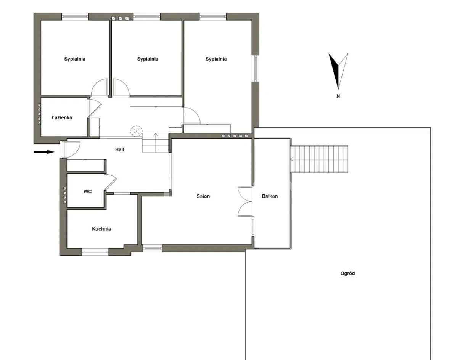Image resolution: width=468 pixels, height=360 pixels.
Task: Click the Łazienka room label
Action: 62,117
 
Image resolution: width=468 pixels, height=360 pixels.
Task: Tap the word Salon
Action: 203,196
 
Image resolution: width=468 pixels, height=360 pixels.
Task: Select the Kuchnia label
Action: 101,229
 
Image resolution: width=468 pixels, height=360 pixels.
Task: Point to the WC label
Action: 87,191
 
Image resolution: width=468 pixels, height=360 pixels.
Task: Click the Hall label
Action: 119,149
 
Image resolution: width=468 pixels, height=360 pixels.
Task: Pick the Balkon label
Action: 270,196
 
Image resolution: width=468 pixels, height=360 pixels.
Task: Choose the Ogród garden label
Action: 347,273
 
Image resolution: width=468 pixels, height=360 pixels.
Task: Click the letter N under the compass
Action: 338,96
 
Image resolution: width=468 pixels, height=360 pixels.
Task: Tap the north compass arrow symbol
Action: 338,71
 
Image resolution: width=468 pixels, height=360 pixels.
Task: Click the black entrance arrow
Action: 44,152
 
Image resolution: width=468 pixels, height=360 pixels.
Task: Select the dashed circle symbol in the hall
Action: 136,131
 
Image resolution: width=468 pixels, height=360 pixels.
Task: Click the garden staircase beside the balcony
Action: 319,159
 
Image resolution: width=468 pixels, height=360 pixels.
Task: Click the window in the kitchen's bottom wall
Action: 95,252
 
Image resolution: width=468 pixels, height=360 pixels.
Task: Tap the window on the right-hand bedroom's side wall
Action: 256,68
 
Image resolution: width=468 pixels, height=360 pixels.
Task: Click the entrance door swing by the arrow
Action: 72,149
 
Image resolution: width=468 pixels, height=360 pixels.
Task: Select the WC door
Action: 111,182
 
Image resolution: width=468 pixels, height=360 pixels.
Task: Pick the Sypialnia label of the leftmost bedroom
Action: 75,59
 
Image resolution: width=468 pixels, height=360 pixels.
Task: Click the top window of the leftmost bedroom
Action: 75,16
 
